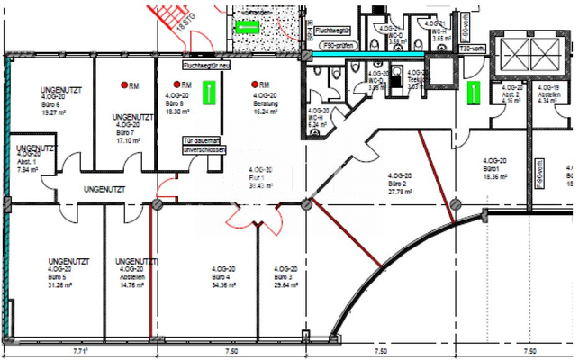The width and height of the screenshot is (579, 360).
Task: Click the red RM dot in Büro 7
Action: pyautogui.click(x=125, y=85)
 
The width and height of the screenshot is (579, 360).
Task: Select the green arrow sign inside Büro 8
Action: pyautogui.click(x=208, y=93)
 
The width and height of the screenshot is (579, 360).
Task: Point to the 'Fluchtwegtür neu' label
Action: pyautogui.click(x=206, y=66)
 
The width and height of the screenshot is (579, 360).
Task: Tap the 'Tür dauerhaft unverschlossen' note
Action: pyautogui.click(x=204, y=147)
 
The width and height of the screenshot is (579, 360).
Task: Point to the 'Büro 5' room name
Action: pyautogui.click(x=61, y=276)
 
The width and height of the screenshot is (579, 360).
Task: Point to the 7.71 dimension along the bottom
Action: pyautogui.click(x=80, y=350)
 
